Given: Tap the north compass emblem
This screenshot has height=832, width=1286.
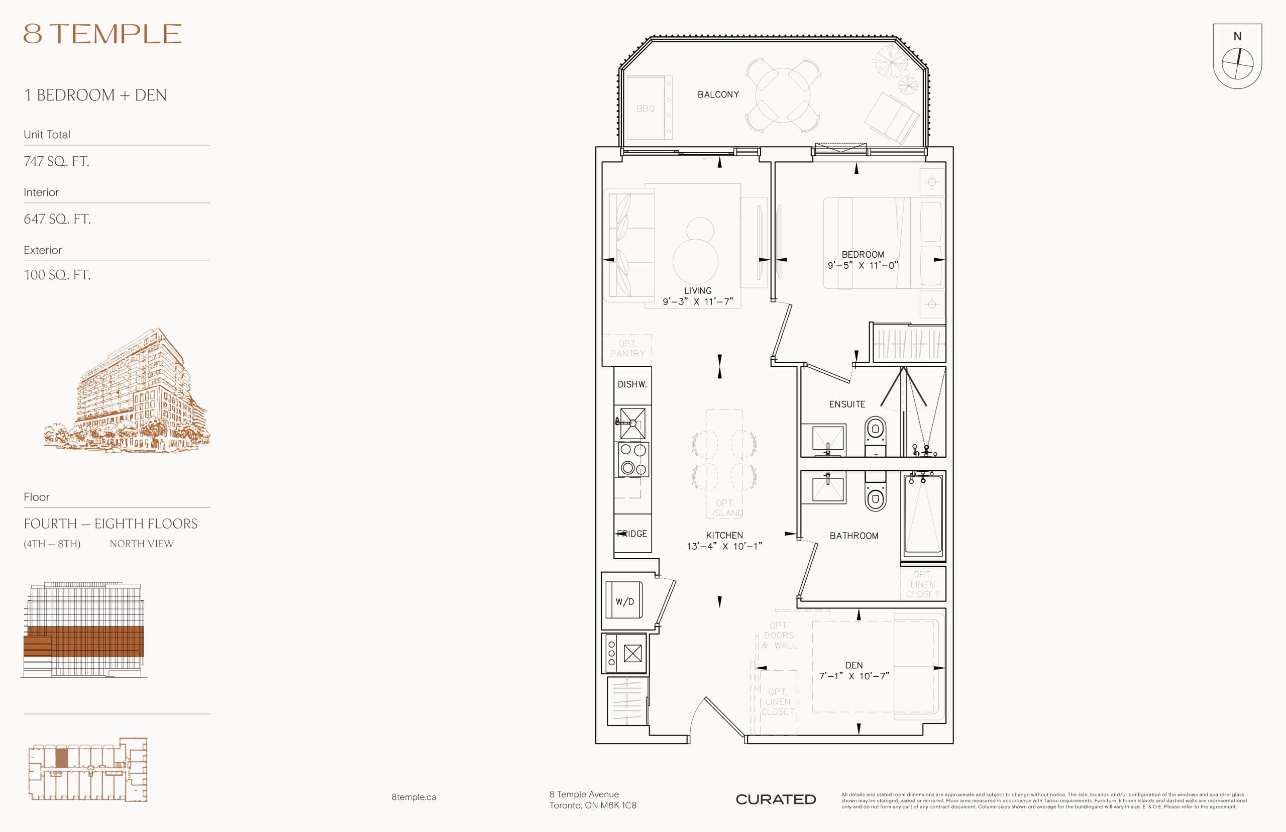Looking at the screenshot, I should tap(1237, 57).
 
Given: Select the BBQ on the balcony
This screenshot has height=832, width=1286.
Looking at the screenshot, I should tap(646, 108).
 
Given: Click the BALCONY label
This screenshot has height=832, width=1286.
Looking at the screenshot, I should tap(718, 94).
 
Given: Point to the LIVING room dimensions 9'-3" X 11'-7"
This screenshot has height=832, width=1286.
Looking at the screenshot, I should tap(698, 301).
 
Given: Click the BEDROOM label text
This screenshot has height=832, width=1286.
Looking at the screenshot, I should tap(863, 254).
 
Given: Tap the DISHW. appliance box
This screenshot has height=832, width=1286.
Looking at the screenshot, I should tap(632, 385).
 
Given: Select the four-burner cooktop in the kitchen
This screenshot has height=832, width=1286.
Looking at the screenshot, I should tap(633, 459).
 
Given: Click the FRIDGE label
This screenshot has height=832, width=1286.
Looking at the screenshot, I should tap(632, 534).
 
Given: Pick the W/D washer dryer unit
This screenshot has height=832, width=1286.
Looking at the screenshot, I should tap(624, 600).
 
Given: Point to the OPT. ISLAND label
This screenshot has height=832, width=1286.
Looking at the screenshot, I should tap(725, 508).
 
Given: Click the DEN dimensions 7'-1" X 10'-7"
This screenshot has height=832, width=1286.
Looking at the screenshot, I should tap(854, 676).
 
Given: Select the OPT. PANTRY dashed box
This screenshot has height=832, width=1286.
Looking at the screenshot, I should tap(627, 349).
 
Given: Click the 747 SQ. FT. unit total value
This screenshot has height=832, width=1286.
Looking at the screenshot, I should tap(57, 161).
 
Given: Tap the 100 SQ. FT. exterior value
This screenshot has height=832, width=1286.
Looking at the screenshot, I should tap(57, 274).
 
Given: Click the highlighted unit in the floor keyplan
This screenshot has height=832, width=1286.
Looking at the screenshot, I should tap(62, 758).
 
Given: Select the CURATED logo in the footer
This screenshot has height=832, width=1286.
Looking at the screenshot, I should tap(776, 799).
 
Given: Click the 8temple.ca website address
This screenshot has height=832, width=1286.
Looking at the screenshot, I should tap(414, 797).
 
